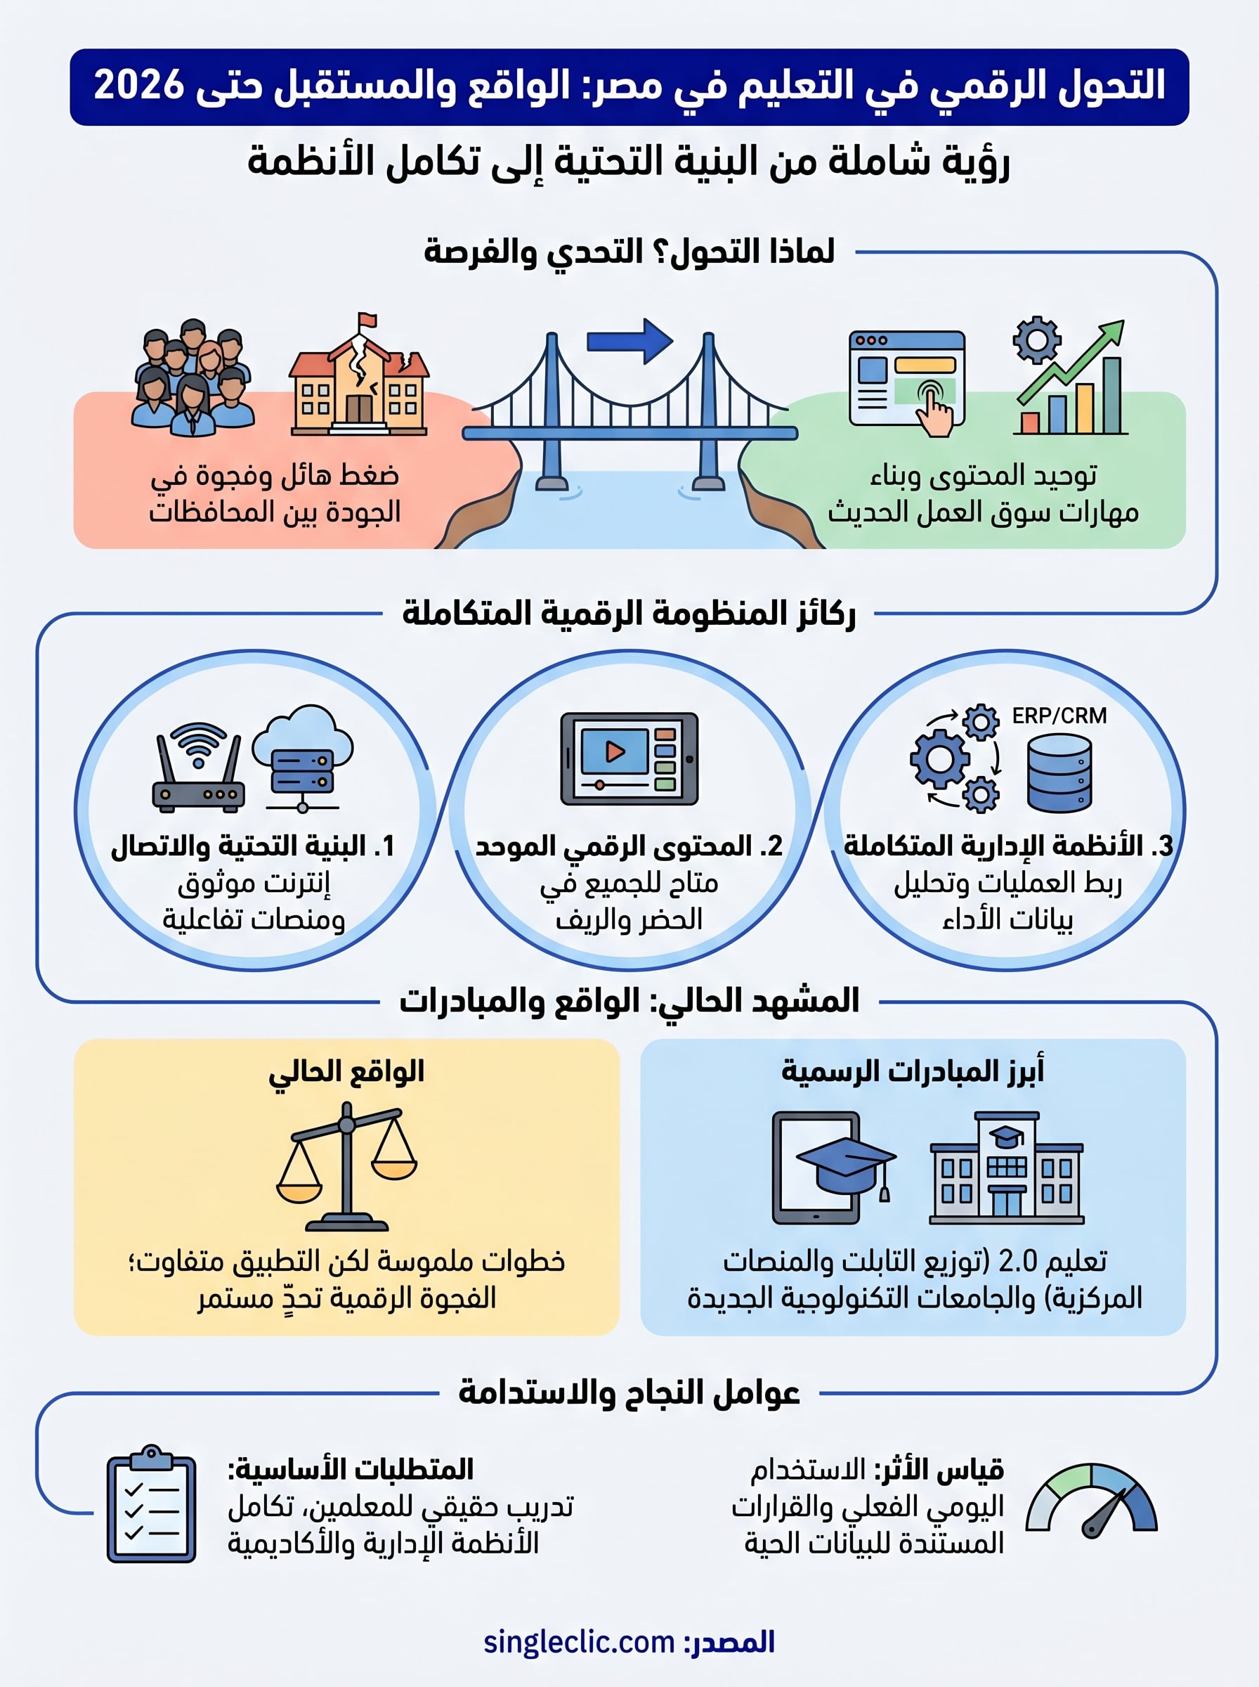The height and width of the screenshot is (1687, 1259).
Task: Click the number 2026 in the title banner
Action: tap(138, 84)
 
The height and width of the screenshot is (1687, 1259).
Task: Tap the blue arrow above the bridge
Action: tap(629, 341)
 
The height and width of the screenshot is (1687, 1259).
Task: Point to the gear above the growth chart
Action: tap(1036, 340)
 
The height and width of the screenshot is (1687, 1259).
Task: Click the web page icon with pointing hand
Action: tap(907, 381)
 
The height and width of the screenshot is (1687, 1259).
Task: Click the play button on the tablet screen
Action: tap(614, 751)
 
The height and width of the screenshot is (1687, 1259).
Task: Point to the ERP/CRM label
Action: tap(1059, 716)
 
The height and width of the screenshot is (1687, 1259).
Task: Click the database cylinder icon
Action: tap(1059, 773)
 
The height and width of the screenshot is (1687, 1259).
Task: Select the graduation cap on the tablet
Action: tap(845, 1163)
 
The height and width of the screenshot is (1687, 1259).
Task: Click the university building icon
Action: tap(1006, 1167)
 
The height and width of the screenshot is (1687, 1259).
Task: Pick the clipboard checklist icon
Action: tap(152, 1505)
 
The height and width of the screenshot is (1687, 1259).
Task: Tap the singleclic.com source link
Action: tap(579, 1642)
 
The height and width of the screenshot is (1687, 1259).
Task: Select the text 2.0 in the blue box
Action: tap(1017, 1262)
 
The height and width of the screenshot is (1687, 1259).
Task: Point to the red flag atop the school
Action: tap(368, 318)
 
